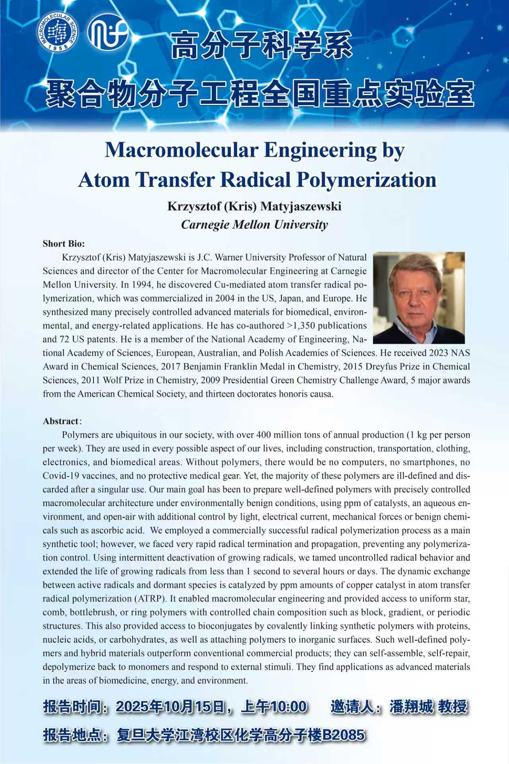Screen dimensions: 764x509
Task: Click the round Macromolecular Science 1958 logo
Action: coord(58,32)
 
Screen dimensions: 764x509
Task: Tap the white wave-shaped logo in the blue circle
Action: coord(107,32)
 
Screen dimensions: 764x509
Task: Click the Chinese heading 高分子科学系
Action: coord(262,45)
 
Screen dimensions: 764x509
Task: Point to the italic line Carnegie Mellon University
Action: coord(254,225)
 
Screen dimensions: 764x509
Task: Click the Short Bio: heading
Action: coord(64,244)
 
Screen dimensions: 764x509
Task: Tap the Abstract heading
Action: coord(61,421)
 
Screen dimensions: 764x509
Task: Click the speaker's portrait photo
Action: coord(419,298)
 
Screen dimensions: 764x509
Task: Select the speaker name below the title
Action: coord(254,206)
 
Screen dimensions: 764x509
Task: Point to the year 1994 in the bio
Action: coord(142,285)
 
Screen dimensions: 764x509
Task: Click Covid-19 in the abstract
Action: coord(61,476)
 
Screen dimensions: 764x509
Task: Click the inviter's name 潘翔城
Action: coord(411,707)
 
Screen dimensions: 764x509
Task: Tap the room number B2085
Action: coord(343,735)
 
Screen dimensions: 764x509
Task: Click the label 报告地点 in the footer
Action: coord(72,735)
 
